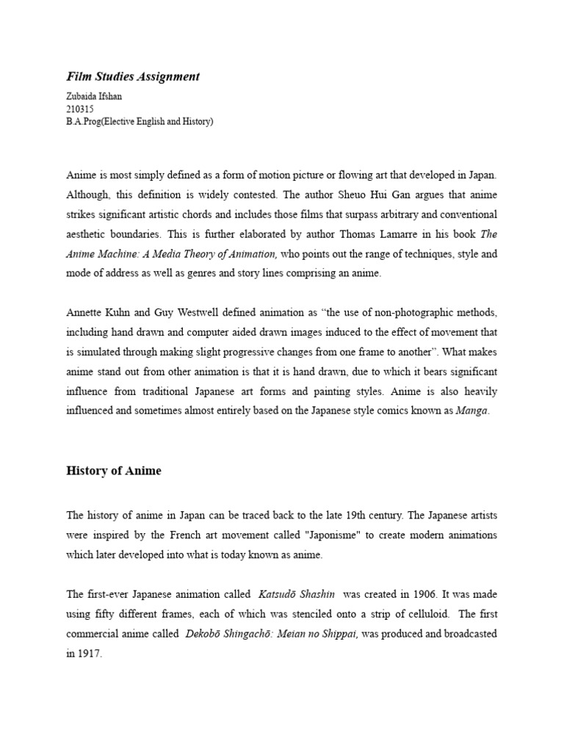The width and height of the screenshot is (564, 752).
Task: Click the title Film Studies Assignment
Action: pyautogui.click(x=133, y=76)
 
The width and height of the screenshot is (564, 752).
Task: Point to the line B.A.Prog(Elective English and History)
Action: pyautogui.click(x=140, y=122)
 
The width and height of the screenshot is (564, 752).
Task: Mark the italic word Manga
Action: pyautogui.click(x=471, y=411)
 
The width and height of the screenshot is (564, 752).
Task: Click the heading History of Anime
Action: pyautogui.click(x=114, y=471)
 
